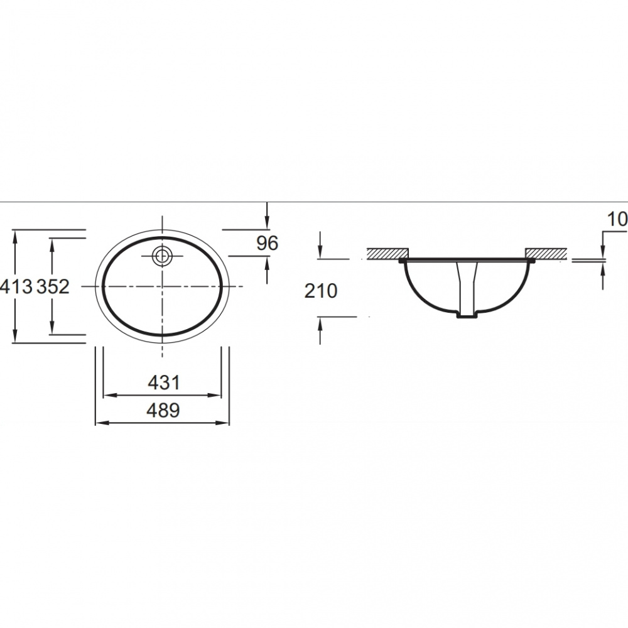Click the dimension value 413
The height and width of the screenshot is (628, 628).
[x=16, y=287]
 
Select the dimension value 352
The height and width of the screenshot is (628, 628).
[x=53, y=287]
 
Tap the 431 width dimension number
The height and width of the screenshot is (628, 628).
[x=164, y=383]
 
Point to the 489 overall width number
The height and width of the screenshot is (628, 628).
[x=163, y=411]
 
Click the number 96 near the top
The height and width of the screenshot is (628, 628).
[x=267, y=243]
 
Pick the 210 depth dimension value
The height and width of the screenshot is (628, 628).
[x=321, y=291]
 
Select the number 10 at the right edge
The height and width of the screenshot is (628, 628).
[x=617, y=219]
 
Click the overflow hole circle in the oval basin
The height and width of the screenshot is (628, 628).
[x=162, y=256]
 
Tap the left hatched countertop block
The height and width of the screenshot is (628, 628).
[x=387, y=254]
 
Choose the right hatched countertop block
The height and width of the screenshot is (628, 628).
[x=546, y=254]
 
